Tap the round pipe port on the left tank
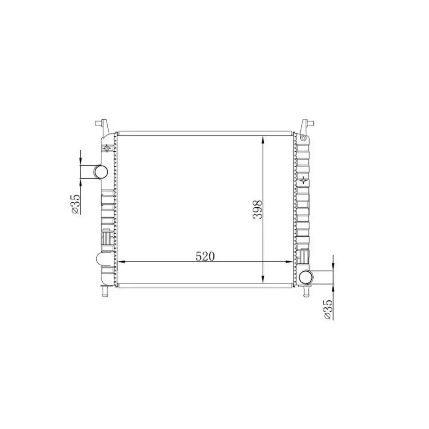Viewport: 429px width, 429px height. pyautogui.click(x=100, y=172)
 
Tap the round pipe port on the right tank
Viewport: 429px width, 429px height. pyautogui.click(x=306, y=277)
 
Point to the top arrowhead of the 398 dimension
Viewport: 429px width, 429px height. pyautogui.click(x=263, y=139)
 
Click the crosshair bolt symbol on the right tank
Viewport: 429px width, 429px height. pyautogui.click(x=304, y=179)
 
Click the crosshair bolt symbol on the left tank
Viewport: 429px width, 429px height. pyautogui.click(x=107, y=148)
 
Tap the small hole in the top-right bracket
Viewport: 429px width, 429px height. pyautogui.click(x=304, y=137)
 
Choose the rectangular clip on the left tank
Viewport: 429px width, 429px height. pyautogui.click(x=107, y=238)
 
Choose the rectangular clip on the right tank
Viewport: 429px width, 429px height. pyautogui.click(x=304, y=255)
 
